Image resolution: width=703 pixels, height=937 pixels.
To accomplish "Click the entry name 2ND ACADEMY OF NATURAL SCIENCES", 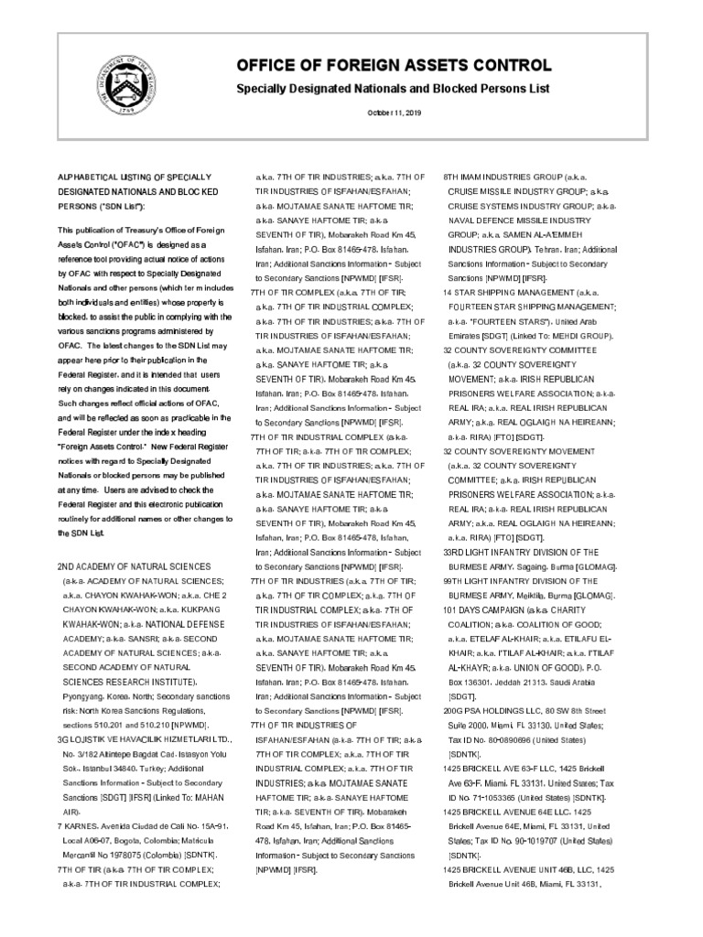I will (135, 566).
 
